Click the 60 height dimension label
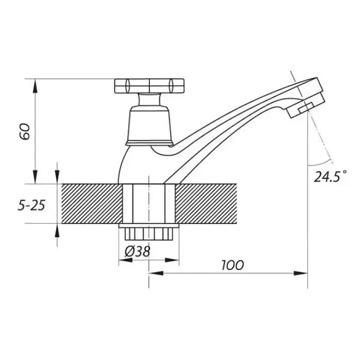tap(25, 132)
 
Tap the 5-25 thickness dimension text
tap(32, 205)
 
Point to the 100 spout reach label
tap(232, 265)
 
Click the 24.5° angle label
tap(330, 176)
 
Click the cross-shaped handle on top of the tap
tap(149, 86)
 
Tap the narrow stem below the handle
tap(149, 100)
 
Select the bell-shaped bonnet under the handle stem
tap(149, 125)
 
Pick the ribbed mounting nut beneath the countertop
tap(149, 232)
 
